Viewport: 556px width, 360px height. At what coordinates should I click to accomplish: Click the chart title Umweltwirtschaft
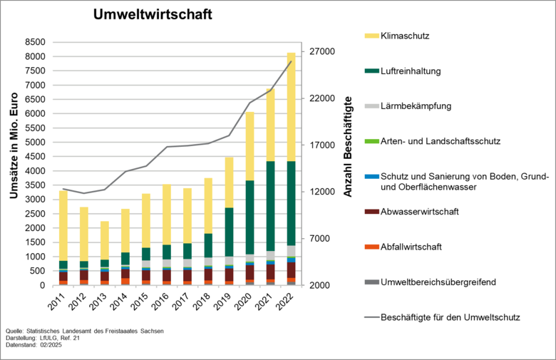pos(153,14)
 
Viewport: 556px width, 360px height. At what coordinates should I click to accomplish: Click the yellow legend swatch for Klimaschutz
pos(371,35)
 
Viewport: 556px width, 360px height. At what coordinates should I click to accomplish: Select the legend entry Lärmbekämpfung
pos(416,106)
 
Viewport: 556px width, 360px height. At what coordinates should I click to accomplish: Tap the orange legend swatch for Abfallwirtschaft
pos(371,247)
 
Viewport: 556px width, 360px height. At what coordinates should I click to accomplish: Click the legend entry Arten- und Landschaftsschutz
pos(441,141)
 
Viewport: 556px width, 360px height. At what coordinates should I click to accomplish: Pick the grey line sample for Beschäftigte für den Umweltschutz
pos(371,317)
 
